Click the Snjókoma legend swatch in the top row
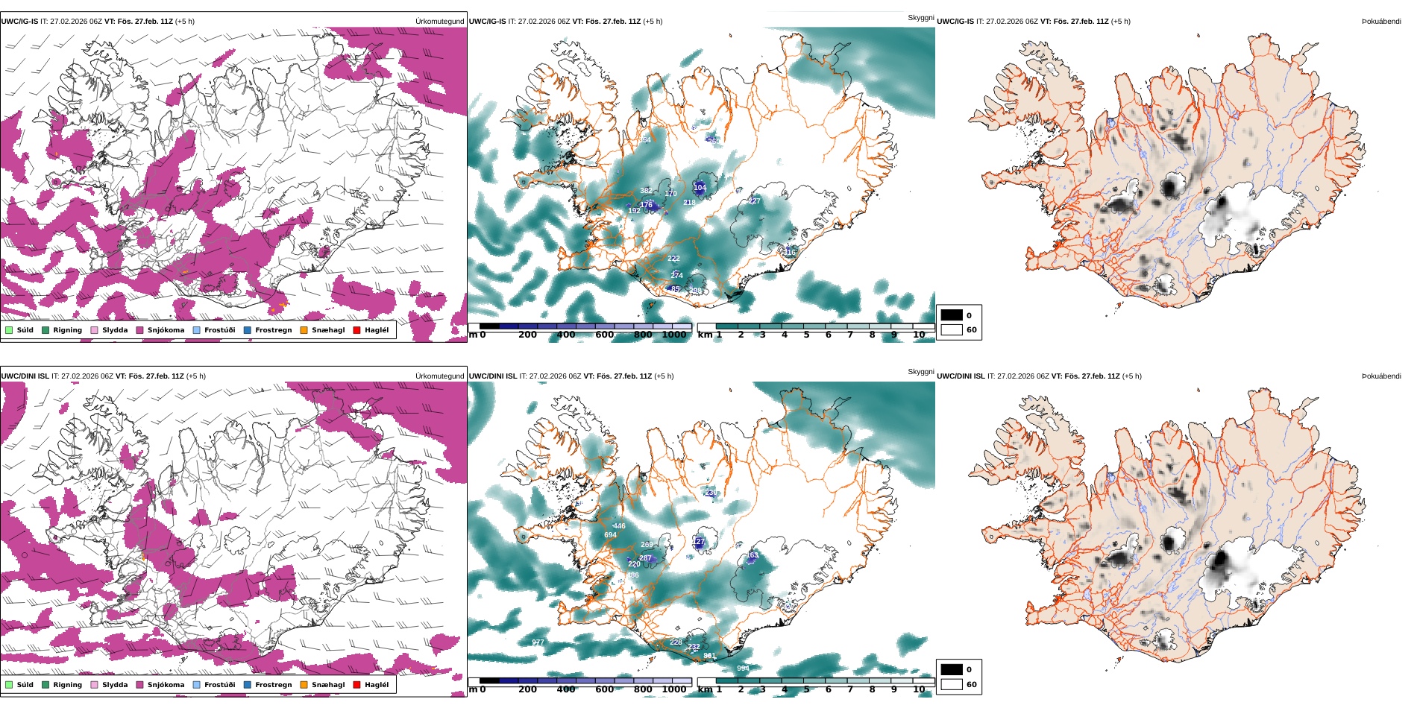click(x=139, y=330)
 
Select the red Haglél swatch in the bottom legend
click(x=356, y=685)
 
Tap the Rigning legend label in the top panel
click(x=67, y=330)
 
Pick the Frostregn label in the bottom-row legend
click(x=273, y=685)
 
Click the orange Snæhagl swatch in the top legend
click(x=304, y=330)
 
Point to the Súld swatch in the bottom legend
click(x=9, y=685)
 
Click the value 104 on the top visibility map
click(x=700, y=188)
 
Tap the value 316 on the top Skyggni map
click(x=789, y=253)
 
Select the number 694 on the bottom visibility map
click(x=610, y=535)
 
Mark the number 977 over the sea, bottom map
click(x=538, y=642)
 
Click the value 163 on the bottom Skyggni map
click(x=752, y=555)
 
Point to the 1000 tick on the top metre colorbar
click(x=673, y=335)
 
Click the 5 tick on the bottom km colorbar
click(x=806, y=689)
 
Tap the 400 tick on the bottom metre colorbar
click(x=566, y=689)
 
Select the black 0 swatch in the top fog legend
click(x=952, y=315)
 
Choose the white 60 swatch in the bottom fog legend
click(x=952, y=684)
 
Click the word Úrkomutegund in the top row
click(x=439, y=22)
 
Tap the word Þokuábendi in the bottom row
click(x=1381, y=376)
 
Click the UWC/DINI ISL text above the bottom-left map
click(x=25, y=376)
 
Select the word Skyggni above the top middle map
click(x=920, y=18)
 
